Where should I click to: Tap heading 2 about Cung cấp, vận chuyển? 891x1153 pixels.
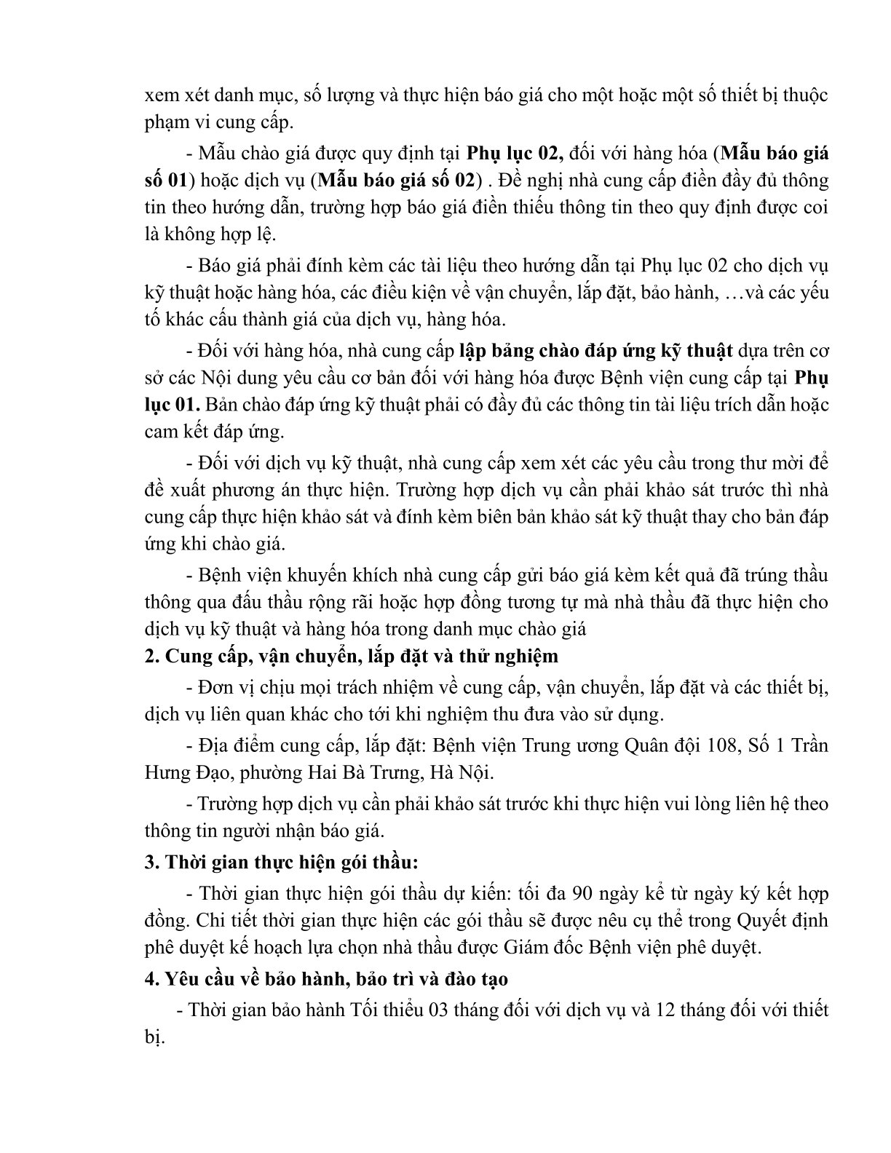pos(352,656)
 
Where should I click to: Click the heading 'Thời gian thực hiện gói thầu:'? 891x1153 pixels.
pos(282,863)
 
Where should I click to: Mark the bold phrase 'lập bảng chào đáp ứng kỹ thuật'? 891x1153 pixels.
pos(595,350)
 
